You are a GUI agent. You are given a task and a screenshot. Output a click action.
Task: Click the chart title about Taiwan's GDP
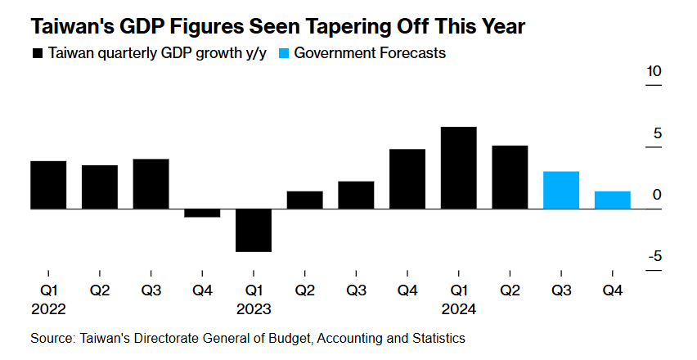click(277, 26)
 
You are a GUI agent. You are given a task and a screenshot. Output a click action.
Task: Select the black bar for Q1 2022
click(48, 185)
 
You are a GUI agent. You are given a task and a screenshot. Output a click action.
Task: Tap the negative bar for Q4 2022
click(202, 213)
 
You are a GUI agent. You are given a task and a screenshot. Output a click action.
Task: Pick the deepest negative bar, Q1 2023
click(254, 230)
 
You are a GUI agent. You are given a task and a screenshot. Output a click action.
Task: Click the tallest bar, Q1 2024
click(458, 168)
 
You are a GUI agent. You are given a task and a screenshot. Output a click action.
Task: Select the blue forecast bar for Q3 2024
click(561, 190)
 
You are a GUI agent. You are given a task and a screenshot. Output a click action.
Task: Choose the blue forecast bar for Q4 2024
click(612, 200)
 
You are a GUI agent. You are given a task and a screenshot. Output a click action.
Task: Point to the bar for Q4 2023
click(407, 179)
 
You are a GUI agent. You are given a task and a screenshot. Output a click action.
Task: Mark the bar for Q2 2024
click(510, 177)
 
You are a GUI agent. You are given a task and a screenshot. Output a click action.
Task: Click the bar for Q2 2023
click(304, 200)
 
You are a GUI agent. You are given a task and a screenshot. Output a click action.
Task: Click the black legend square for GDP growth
click(37, 54)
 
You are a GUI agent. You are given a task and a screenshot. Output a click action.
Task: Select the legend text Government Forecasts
click(369, 54)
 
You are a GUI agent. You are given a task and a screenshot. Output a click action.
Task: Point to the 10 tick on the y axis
click(654, 72)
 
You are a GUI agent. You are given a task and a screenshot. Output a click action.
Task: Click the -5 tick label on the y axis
click(654, 256)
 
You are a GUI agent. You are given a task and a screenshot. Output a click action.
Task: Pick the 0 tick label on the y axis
click(657, 195)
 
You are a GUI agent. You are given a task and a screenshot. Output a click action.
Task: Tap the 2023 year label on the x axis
click(254, 310)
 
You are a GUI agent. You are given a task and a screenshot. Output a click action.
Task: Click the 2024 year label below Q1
click(458, 310)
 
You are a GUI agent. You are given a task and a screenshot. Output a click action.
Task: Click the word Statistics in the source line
click(437, 338)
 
